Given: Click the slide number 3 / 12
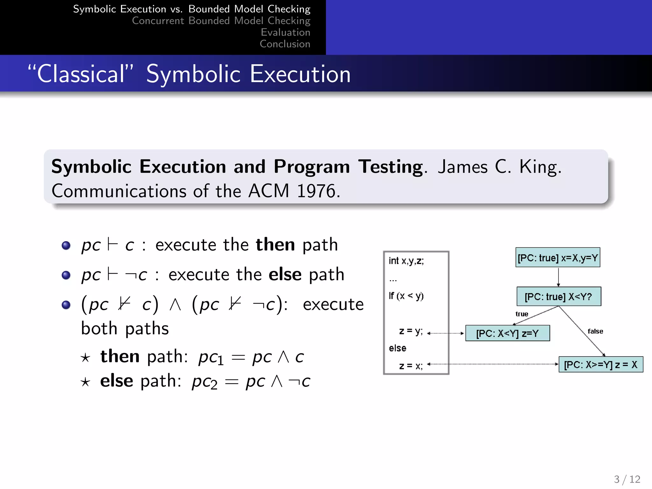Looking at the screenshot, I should [x=627, y=479].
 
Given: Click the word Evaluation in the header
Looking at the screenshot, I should [x=285, y=32].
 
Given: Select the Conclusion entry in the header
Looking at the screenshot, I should [x=285, y=44].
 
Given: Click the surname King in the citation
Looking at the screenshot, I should [x=540, y=167].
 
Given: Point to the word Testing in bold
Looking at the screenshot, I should [x=391, y=167].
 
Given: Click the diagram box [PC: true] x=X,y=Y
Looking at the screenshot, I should [x=557, y=258].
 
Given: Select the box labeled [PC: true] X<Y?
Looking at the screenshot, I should [x=558, y=297].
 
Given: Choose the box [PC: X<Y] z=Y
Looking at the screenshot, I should [x=507, y=333].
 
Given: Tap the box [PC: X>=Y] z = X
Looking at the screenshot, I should [x=601, y=365].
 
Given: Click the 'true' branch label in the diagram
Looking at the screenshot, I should [x=522, y=314].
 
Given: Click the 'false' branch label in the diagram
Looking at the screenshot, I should [x=595, y=331].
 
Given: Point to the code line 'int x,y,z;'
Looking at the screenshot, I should [x=406, y=261].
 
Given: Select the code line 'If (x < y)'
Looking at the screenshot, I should [x=406, y=296].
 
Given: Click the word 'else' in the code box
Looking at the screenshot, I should [x=398, y=348].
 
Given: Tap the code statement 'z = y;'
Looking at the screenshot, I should [x=411, y=331].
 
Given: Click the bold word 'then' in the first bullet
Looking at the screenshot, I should [x=275, y=244].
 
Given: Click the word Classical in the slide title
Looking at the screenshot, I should [x=81, y=74].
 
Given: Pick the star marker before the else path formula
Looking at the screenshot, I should [x=85, y=382].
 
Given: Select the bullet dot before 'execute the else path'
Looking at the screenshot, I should [x=66, y=275].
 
